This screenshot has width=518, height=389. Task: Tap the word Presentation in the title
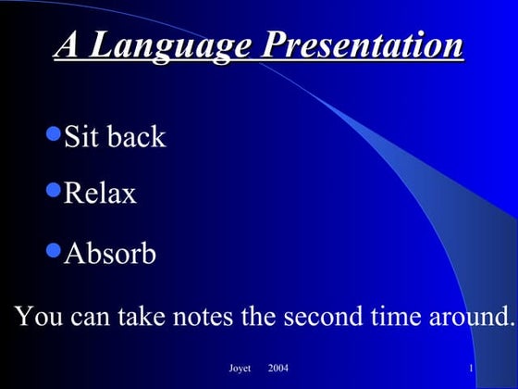pyautogui.click(x=364, y=44)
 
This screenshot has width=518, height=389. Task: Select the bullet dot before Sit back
pyautogui.click(x=53, y=134)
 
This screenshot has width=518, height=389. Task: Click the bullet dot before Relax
pyautogui.click(x=53, y=191)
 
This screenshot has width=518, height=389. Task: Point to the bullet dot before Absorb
pyautogui.click(x=53, y=250)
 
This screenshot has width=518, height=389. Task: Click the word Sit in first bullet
pyautogui.click(x=81, y=137)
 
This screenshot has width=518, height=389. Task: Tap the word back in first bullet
pyautogui.click(x=136, y=137)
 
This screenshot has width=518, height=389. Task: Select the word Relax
pyautogui.click(x=100, y=194)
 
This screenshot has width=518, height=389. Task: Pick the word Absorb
pyautogui.click(x=110, y=254)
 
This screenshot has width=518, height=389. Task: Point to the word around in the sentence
pyautogui.click(x=465, y=316)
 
